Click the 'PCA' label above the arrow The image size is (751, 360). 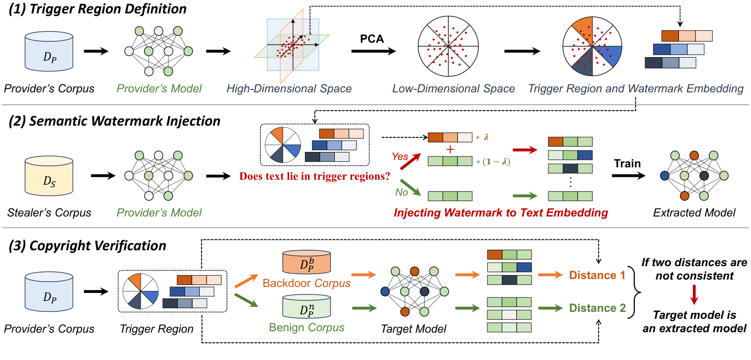[373, 38]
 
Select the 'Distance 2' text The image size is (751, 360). [597, 308]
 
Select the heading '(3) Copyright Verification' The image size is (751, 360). [87, 245]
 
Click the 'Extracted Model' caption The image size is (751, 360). [694, 213]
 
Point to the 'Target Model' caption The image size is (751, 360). [406, 328]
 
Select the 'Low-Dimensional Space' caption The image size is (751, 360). [453, 89]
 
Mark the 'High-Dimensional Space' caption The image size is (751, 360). [289, 89]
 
